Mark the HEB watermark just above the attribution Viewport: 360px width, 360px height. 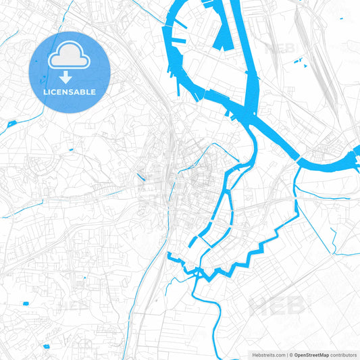[276, 305]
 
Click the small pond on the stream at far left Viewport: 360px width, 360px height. [11, 124]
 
